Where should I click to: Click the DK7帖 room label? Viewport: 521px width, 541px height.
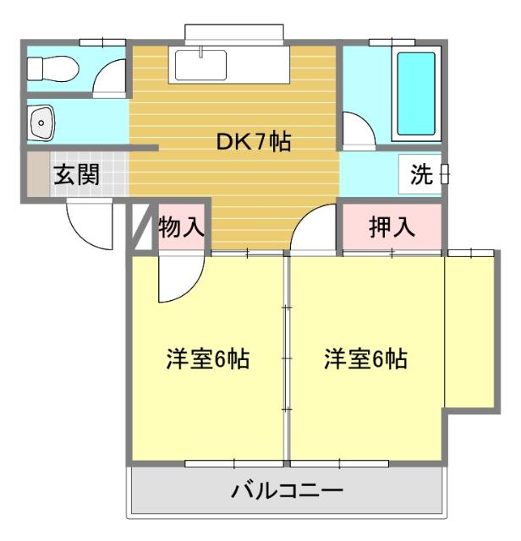click(x=254, y=142)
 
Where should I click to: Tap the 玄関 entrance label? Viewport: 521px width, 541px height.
click(x=77, y=175)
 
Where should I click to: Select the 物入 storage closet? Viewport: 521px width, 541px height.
click(x=181, y=227)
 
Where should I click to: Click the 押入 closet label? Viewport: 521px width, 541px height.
click(x=391, y=227)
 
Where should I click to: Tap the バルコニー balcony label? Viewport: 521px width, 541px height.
click(x=287, y=490)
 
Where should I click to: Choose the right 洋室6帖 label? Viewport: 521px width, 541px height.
click(x=365, y=359)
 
